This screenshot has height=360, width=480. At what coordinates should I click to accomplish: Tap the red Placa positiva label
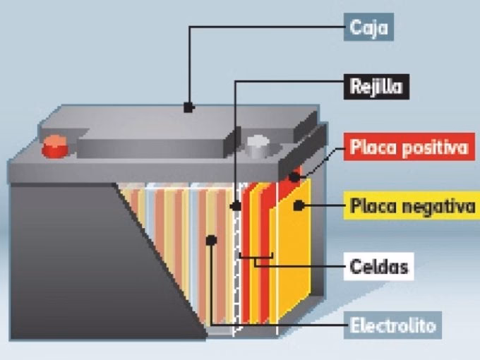coord(409,149)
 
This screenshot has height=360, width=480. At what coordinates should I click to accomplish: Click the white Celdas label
coord(379,268)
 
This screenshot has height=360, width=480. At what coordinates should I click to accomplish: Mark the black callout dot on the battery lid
coord(188,107)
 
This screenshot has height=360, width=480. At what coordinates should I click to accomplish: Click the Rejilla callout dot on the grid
coord(236,208)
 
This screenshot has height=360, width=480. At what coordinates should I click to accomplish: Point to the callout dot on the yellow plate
coord(299,206)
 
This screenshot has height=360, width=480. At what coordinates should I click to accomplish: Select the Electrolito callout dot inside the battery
coord(210,240)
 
